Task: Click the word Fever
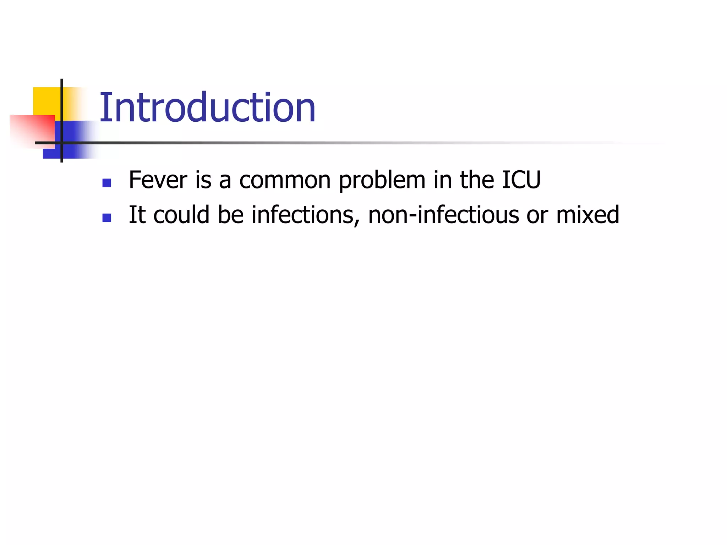[x=158, y=180]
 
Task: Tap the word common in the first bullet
[x=285, y=181]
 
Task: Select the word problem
[x=382, y=181]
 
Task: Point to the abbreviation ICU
[x=521, y=180]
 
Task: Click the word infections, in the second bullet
[x=306, y=215]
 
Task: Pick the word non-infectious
[x=443, y=215]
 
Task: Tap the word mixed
[x=587, y=215]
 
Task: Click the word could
[x=181, y=215]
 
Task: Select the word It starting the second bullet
[x=137, y=215]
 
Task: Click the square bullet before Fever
[x=106, y=183]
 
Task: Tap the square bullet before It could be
[x=106, y=218]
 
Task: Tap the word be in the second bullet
[x=230, y=215]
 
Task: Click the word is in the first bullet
[x=203, y=180]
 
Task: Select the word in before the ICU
[x=442, y=180]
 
